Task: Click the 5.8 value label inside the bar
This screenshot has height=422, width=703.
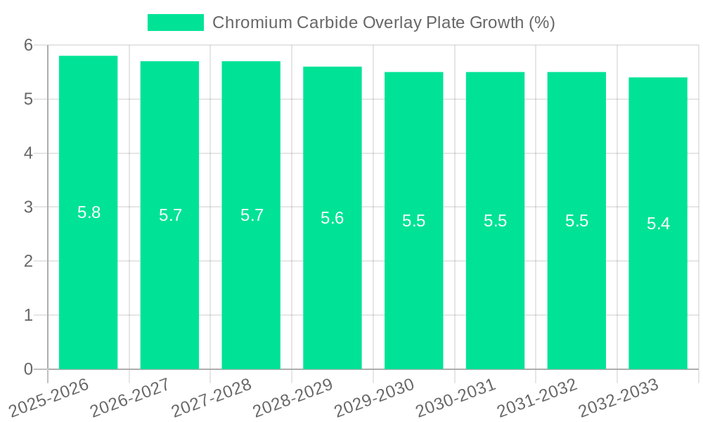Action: point(89,212)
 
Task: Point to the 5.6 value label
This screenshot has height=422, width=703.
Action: point(332,218)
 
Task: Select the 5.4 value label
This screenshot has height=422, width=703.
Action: point(658,224)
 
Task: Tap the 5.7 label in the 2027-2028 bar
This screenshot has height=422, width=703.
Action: point(252,215)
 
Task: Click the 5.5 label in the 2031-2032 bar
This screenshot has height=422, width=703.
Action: point(576,221)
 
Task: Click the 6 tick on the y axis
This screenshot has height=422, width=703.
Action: point(28,45)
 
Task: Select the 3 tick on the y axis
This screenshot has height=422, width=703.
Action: point(28,207)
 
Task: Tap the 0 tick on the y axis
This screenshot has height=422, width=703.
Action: point(28,369)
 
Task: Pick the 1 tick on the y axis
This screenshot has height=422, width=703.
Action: point(28,315)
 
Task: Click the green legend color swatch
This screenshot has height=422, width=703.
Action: point(175,23)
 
